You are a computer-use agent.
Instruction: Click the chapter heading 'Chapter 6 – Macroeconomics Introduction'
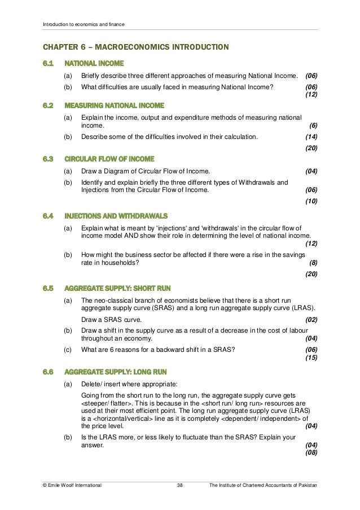pos(136,46)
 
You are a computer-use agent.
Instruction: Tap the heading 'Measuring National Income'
pos(115,105)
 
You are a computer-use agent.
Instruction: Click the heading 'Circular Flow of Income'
pos(109,159)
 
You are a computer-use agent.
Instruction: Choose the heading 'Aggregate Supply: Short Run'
pos(118,287)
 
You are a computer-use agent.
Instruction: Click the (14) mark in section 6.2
pos(311,137)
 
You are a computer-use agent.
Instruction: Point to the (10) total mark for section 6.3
pos(311,201)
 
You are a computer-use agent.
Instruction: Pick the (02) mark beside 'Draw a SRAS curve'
pos(311,319)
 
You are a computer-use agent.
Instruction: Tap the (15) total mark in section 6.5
pos(311,358)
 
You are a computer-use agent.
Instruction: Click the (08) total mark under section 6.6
pos(311,452)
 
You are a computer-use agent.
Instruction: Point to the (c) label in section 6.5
pos(68,349)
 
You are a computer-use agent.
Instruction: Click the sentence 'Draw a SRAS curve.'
pos(111,319)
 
